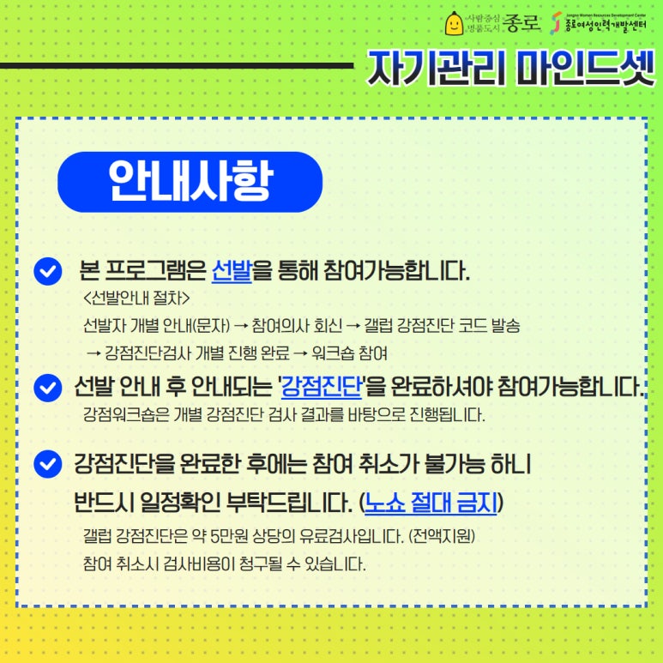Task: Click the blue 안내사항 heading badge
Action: (190, 181)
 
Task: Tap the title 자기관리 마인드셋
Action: (511, 69)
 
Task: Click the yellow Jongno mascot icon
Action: (453, 24)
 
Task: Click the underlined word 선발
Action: (232, 272)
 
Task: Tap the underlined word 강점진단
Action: (321, 388)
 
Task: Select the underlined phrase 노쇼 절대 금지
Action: (431, 502)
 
